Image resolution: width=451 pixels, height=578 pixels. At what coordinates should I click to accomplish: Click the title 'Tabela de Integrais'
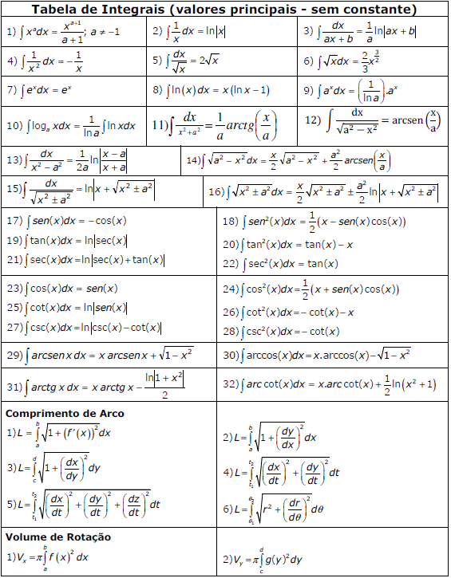[x=224, y=10]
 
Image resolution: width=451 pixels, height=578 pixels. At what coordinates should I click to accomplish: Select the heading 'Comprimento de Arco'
[x=65, y=414]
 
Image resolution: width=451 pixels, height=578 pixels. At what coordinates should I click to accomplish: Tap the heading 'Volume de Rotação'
[x=58, y=537]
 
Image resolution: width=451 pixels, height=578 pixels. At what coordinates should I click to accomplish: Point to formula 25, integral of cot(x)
[x=67, y=308]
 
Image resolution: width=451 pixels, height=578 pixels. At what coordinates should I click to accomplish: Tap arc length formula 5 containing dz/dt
[x=84, y=504]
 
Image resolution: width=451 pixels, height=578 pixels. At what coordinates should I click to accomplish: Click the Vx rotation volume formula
[x=48, y=557]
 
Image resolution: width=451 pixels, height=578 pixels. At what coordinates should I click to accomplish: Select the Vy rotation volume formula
[x=263, y=560]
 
